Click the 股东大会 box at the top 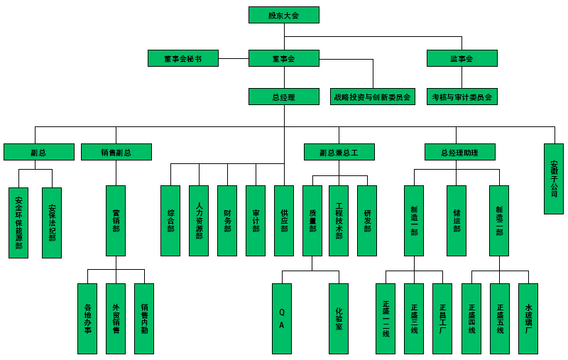284,15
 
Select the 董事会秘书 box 183,58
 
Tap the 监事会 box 461,58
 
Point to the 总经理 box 284,97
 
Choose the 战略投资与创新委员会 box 373,97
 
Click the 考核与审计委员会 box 461,97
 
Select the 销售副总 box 116,152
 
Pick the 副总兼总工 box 339,152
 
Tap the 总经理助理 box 459,152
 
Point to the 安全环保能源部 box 18,222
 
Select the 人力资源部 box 199,220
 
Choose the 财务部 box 227,220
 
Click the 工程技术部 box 339,220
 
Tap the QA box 282,318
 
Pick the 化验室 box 339,318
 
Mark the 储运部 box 457,220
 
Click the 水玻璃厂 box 528,318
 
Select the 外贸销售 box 116,318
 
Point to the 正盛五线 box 500,318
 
